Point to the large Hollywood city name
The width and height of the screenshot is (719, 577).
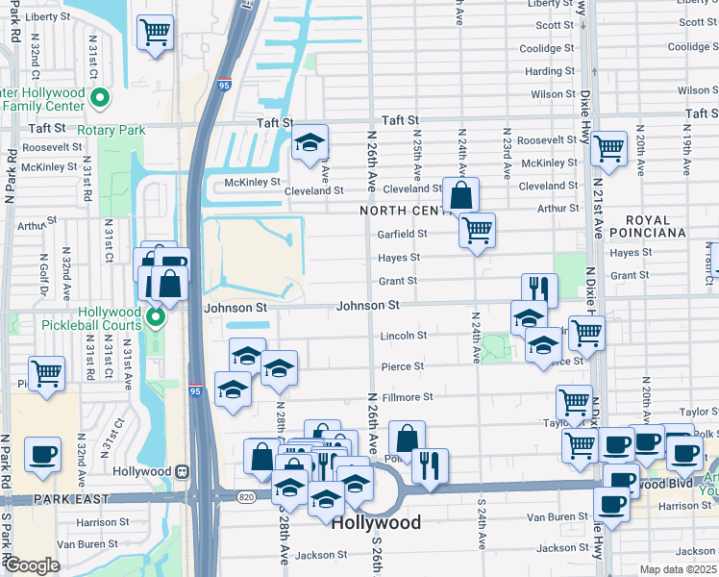pyautogui.click(x=376, y=523)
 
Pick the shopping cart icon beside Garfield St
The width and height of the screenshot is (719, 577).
pyautogui.click(x=477, y=230)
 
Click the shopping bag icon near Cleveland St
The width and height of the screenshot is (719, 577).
pyautogui.click(x=461, y=195)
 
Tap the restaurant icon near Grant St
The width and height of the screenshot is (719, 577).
pyautogui.click(x=539, y=290)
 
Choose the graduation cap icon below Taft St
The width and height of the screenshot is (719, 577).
pyautogui.click(x=310, y=142)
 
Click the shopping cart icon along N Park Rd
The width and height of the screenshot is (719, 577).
pyautogui.click(x=46, y=373)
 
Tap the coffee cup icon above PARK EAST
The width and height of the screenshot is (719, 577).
pyautogui.click(x=42, y=455)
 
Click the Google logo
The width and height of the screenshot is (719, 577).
pyautogui.click(x=31, y=565)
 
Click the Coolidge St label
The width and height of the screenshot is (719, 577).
pyautogui.click(x=546, y=48)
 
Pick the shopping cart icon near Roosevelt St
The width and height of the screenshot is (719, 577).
pyautogui.click(x=608, y=148)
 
